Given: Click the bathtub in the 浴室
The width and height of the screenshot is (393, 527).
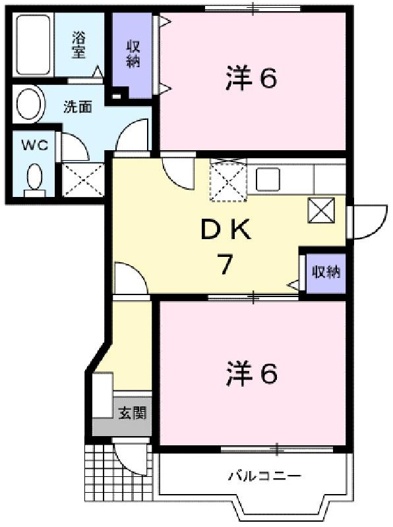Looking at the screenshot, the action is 34,44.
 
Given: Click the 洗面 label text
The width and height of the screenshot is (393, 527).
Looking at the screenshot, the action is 78,107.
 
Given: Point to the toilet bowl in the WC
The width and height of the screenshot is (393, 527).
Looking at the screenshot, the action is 34,179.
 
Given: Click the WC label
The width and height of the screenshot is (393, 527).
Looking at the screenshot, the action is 34,145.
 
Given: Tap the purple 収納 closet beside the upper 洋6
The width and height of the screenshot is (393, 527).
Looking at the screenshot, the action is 133,55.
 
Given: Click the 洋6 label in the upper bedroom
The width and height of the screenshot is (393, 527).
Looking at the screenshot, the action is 251,78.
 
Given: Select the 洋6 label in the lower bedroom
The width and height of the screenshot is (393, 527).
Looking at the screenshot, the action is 252,374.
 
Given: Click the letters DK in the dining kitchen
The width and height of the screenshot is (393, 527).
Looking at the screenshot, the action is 226,229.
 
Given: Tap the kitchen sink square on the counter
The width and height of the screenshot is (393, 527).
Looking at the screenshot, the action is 268,179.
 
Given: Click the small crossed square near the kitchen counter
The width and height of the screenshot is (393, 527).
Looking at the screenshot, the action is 321,210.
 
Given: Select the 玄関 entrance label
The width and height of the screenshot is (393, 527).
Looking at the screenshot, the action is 133,413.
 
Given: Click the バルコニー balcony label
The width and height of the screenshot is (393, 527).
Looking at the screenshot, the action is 264,476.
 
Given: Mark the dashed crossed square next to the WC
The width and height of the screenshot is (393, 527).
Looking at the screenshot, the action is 84,179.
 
